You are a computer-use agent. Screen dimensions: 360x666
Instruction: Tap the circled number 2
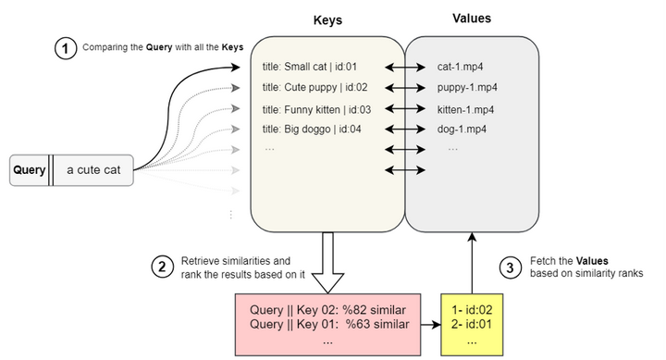[162, 267]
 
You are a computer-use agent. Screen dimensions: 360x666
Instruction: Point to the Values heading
[472, 19]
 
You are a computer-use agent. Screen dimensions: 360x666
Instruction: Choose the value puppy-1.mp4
[467, 87]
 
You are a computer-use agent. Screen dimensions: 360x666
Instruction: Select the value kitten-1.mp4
[467, 108]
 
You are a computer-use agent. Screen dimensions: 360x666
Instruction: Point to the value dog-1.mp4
[462, 129]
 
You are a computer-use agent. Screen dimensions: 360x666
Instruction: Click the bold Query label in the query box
[29, 169]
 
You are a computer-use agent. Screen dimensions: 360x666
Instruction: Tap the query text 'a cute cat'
[94, 169]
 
